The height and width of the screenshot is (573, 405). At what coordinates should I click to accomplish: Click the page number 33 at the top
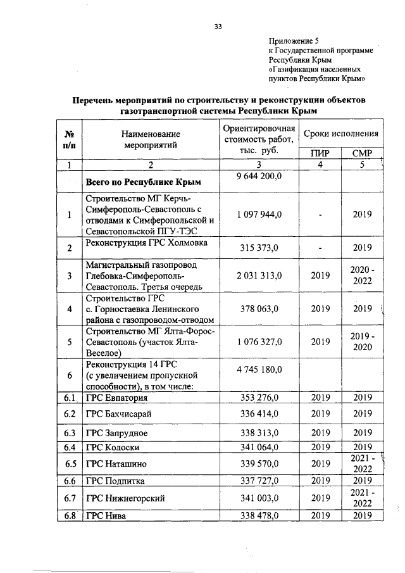pyautogui.click(x=218, y=26)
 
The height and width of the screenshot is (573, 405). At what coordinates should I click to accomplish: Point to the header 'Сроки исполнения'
pyautogui.click(x=341, y=134)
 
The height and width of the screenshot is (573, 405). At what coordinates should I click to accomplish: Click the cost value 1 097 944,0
pyautogui.click(x=256, y=215)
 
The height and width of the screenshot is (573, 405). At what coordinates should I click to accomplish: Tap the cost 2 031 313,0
pyautogui.click(x=256, y=276)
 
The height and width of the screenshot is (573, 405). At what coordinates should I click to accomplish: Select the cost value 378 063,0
pyautogui.click(x=256, y=309)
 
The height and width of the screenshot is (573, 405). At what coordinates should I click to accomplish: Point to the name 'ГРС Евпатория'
pyautogui.click(x=117, y=398)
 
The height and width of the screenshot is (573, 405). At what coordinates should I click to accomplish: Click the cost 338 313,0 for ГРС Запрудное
pyautogui.click(x=256, y=433)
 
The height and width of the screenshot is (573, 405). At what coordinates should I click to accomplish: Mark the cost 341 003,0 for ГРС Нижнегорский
pyautogui.click(x=256, y=498)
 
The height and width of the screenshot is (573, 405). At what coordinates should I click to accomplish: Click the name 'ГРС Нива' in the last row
pyautogui.click(x=106, y=516)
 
